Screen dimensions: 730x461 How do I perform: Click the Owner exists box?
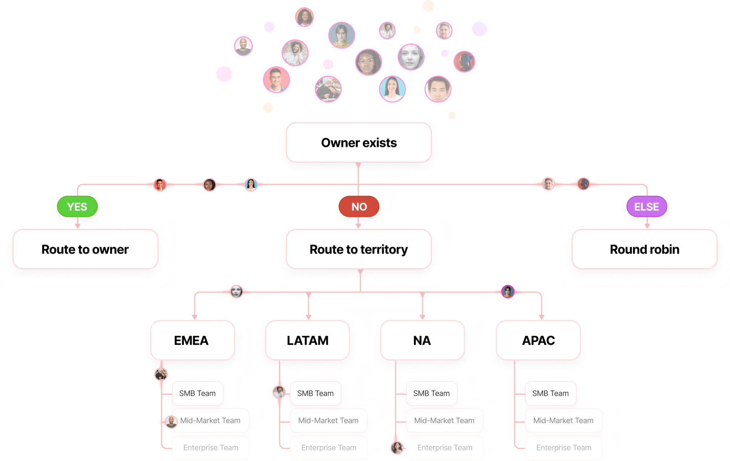[x=359, y=143]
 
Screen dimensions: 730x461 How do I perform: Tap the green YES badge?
[x=77, y=206]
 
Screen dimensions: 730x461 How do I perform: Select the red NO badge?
[x=359, y=206]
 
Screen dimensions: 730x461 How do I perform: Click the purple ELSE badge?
[x=647, y=206]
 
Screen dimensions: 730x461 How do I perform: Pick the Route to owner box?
[x=85, y=249]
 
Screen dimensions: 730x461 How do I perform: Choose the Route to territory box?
[x=359, y=249]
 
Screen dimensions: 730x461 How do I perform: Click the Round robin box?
[x=644, y=249]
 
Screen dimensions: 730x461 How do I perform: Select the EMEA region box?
[x=192, y=340]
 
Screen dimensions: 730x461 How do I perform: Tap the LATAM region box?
[x=308, y=340]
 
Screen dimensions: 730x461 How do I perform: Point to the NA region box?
[x=422, y=340]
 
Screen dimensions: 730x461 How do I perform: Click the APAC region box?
[x=538, y=340]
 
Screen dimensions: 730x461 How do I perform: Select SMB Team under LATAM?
[x=315, y=393]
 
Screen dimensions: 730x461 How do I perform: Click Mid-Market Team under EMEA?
[x=210, y=421]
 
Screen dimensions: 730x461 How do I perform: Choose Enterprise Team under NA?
[x=444, y=448]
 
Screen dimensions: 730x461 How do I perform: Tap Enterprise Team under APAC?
[x=564, y=448]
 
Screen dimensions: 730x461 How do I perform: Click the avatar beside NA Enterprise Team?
[x=397, y=447]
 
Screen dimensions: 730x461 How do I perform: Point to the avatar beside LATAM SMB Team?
[x=279, y=392]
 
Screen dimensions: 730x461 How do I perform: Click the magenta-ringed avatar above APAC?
[x=508, y=292]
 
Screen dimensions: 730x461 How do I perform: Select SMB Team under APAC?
[x=550, y=393]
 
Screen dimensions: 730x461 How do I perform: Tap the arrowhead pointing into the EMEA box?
[x=195, y=317]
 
